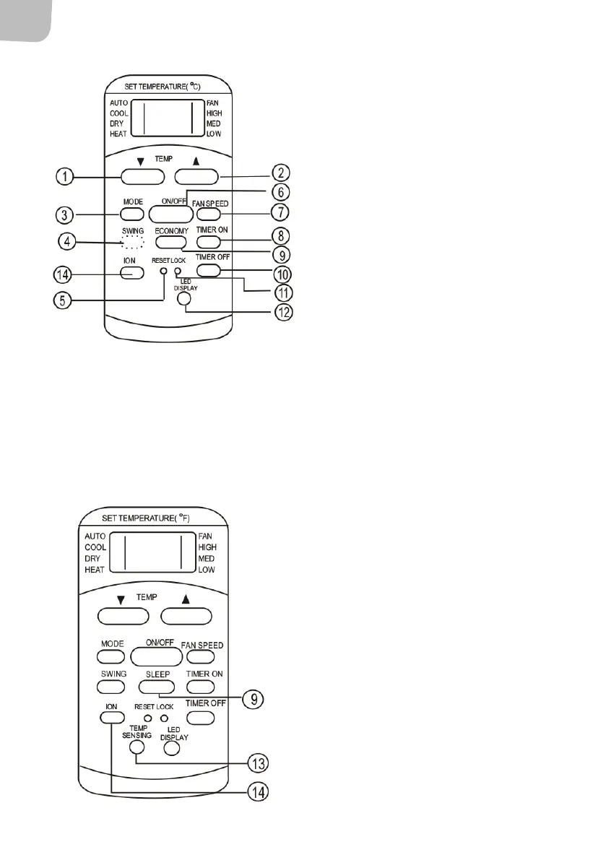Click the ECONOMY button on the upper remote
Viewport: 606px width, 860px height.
click(170, 242)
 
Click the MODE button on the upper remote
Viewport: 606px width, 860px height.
click(130, 214)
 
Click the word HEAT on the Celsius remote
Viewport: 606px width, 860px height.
click(118, 134)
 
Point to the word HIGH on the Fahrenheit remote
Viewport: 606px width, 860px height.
click(207, 547)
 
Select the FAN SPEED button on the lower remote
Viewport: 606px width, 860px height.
click(200, 656)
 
